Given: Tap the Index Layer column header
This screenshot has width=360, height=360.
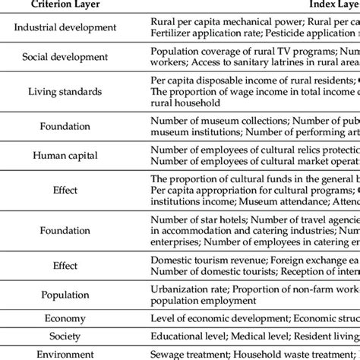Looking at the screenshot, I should tap(335, 6).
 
